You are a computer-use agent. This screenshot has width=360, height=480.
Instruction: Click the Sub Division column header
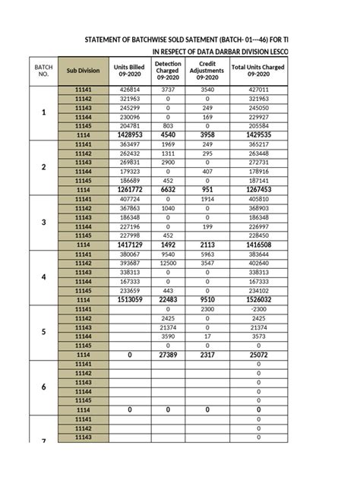point(83,70)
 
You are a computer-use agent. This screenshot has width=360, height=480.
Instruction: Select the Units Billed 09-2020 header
point(130,70)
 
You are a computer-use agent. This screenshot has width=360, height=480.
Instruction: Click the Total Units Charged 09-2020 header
point(259,70)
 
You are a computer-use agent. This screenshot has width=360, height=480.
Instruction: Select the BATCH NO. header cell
point(43,70)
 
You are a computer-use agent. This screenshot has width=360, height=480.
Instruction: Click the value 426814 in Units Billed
point(130,90)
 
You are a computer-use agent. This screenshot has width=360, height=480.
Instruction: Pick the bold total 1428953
point(130,134)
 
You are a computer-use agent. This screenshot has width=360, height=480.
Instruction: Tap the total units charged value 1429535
point(259,134)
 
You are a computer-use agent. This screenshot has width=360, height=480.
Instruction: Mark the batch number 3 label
point(43,222)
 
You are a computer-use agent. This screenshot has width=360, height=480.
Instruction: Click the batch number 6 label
point(43,387)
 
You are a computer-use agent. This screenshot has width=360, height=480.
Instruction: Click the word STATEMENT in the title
point(111,39)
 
